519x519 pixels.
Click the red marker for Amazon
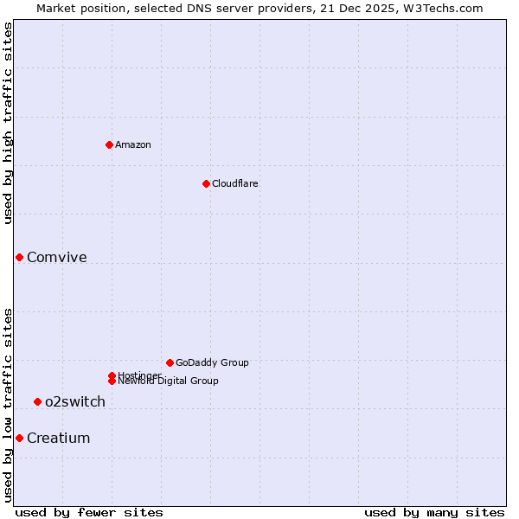(x=109, y=144)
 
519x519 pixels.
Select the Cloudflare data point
(x=206, y=183)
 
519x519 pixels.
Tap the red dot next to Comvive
(x=19, y=257)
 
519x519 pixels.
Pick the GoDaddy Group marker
(x=170, y=362)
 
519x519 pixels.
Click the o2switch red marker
(x=37, y=401)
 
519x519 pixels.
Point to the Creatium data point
(x=19, y=438)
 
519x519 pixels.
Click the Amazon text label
(x=132, y=144)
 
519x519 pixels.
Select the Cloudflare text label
(x=234, y=183)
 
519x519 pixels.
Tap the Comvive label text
(x=56, y=258)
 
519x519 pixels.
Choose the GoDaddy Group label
(x=212, y=362)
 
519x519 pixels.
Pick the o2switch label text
(x=75, y=402)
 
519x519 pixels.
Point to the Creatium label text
(x=58, y=439)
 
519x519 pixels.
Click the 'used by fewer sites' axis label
(x=89, y=512)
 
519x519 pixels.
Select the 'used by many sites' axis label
(x=434, y=512)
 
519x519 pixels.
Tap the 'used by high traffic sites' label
(x=9, y=123)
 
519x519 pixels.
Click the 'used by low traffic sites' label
(x=9, y=405)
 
